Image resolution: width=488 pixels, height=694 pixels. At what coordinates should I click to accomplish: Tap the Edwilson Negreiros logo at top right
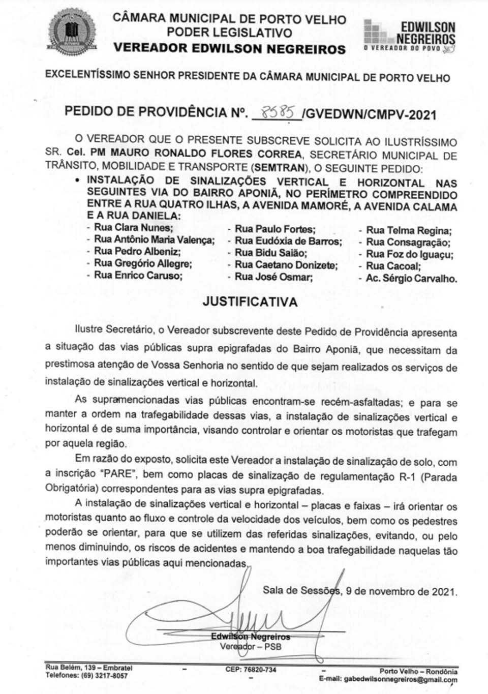(x=410, y=36)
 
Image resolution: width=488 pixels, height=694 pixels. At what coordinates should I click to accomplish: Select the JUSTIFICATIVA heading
(x=250, y=301)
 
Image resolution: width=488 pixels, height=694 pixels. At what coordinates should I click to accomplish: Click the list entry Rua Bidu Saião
(x=270, y=253)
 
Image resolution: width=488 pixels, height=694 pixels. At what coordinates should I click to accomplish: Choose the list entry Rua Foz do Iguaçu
(x=409, y=254)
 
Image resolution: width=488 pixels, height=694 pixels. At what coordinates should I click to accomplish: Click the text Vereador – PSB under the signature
(x=250, y=647)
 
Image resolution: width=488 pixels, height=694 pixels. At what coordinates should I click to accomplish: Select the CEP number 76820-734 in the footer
(x=251, y=670)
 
